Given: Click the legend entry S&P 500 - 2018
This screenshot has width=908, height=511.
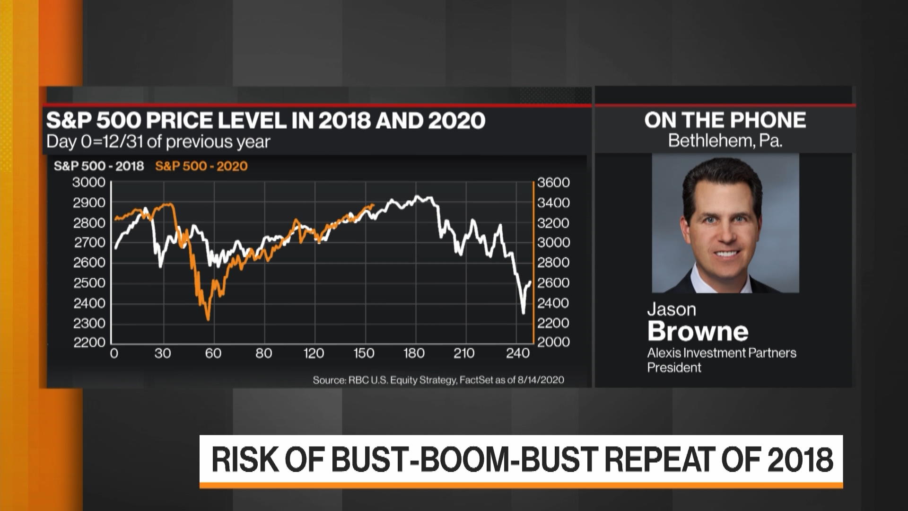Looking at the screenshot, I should click(98, 166).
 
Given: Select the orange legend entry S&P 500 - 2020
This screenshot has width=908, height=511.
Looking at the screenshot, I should click(201, 166).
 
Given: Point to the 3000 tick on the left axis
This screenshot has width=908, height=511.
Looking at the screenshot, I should click(88, 183).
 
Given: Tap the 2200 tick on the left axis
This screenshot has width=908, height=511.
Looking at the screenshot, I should click(88, 342).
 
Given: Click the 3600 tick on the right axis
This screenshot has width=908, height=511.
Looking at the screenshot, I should click(553, 183).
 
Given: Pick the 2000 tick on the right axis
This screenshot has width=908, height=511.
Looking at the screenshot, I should click(553, 342).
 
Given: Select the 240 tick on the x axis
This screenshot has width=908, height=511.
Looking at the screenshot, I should click(517, 353).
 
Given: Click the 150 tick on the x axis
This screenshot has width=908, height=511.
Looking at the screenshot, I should click(363, 353).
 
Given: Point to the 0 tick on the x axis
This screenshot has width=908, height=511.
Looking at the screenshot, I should click(114, 353).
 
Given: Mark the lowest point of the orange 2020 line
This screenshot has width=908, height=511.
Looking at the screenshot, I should click(208, 320).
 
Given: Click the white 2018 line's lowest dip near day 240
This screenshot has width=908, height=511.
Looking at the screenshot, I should click(523, 313).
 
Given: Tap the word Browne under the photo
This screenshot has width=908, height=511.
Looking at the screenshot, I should click(698, 331).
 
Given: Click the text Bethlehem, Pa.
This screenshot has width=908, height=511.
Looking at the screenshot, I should click(725, 141).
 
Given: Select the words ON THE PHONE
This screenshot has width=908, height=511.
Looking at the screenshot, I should click(725, 120).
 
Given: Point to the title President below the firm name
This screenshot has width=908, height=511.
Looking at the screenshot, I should click(674, 368).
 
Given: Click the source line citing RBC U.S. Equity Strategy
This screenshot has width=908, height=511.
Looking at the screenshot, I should click(438, 380).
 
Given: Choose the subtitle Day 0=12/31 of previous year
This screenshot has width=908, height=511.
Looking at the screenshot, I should click(158, 141).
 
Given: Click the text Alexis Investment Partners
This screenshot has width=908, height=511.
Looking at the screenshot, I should click(721, 353).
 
